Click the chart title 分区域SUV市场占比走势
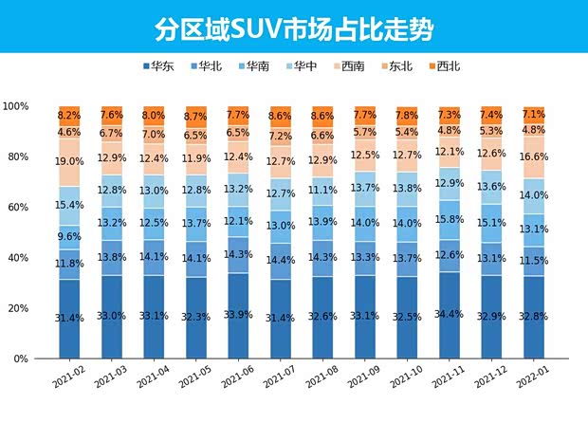(294, 28)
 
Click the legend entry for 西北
(442, 66)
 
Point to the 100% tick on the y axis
(19, 106)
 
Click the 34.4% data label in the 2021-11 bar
(448, 314)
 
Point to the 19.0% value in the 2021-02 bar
(69, 162)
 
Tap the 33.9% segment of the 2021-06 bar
(237, 316)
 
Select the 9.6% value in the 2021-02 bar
(69, 237)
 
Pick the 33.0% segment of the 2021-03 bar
(111, 317)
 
